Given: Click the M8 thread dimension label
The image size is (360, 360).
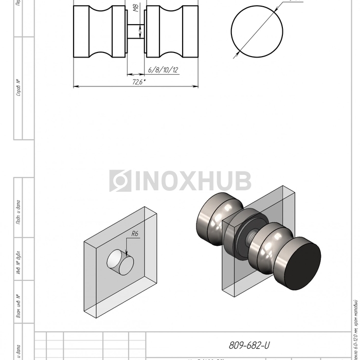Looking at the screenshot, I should point(135,9).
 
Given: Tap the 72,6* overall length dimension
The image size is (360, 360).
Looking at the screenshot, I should point(138,82).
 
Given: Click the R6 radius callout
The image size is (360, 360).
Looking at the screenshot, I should point(135,234).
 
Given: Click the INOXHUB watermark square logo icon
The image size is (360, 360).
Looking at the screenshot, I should point(120,181).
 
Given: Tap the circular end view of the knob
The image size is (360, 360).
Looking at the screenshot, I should point(257,32).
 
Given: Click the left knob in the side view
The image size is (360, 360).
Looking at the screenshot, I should point(100,32).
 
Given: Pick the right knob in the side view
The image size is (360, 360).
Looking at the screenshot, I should point(172,32).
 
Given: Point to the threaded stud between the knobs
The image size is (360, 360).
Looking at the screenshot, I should point(136,32).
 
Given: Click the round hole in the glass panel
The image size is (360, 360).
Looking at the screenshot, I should point(120,261).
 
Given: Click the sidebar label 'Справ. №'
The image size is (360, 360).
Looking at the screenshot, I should point(19,88).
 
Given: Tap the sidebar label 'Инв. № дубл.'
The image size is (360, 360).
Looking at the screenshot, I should point(19,266).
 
